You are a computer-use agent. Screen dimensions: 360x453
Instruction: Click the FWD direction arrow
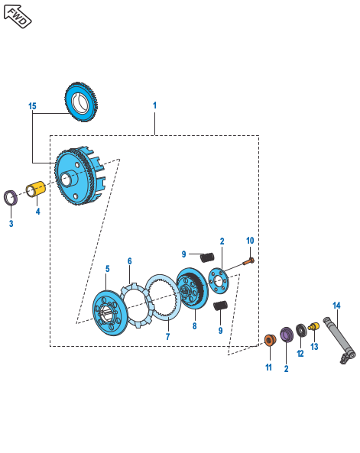[17, 16]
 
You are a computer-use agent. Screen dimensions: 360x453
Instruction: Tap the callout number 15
[32, 106]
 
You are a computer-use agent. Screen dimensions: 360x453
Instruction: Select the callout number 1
[154, 105]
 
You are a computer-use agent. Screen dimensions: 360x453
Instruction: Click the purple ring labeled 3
[11, 198]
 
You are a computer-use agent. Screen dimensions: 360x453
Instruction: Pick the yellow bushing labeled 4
[36, 189]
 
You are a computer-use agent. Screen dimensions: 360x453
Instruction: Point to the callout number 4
[38, 212]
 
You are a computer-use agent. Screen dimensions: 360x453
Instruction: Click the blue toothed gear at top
[81, 102]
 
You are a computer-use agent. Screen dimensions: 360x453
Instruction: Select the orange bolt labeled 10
[248, 262]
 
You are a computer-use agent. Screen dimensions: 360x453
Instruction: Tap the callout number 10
[250, 241]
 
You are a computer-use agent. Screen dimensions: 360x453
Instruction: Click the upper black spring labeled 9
[207, 257]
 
